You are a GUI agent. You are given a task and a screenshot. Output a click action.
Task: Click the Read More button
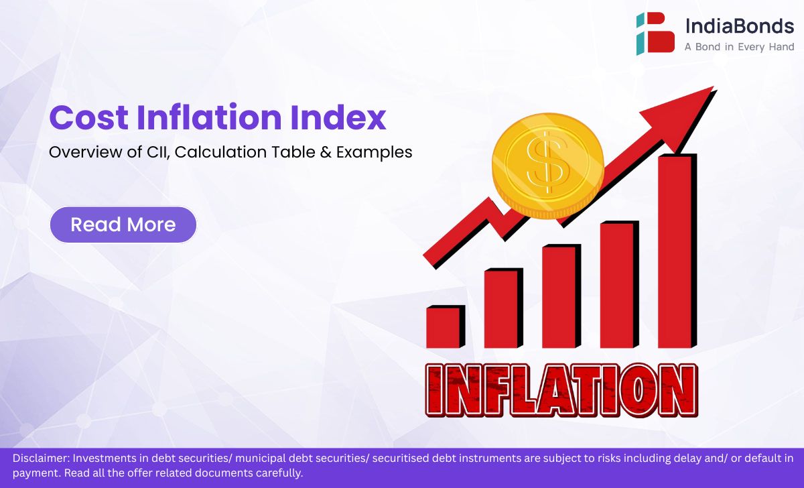[x=123, y=225]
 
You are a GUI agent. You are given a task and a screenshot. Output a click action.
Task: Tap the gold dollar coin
[x=548, y=166]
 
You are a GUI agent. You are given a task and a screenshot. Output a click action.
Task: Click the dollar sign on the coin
[x=548, y=163]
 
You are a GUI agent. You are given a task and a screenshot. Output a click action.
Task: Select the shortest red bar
[x=446, y=326]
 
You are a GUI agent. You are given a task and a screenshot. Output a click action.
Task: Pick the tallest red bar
[x=677, y=251]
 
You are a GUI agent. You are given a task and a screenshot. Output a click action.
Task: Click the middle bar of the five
[x=561, y=296]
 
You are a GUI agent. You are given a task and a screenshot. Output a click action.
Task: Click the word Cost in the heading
[x=88, y=117]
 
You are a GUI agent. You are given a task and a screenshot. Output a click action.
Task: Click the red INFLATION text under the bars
[x=561, y=390]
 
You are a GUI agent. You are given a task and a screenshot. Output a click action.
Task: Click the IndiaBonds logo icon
[x=655, y=34]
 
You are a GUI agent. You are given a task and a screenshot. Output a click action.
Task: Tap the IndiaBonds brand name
[x=740, y=26]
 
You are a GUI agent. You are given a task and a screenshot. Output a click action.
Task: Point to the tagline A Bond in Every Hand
[x=740, y=47]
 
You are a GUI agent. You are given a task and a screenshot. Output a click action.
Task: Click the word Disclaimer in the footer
[x=41, y=459]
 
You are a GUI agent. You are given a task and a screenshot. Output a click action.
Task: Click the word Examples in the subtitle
[x=374, y=153]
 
